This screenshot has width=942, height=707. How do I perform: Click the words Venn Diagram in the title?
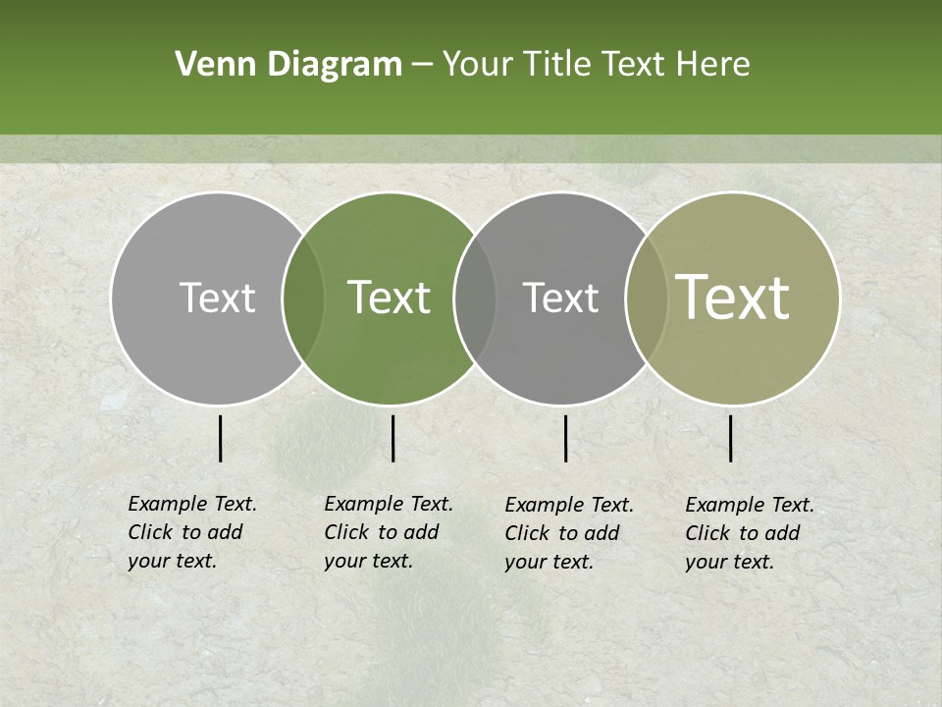288,65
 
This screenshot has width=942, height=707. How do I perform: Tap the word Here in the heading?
714,65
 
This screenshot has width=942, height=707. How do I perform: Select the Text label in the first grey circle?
217,298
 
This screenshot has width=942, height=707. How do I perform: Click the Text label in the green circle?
389,298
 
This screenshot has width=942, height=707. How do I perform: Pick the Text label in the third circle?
560,298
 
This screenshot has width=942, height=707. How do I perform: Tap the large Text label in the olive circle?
732,298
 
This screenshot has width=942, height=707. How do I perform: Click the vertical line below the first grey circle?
220,438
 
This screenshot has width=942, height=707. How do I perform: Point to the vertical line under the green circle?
392,438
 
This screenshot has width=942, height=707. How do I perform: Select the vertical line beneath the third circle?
565,438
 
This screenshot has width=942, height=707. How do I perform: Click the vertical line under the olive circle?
730,438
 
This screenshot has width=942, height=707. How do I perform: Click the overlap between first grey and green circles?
303,299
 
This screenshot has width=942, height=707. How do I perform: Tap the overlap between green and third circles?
475,299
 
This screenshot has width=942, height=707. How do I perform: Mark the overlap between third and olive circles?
647,299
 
